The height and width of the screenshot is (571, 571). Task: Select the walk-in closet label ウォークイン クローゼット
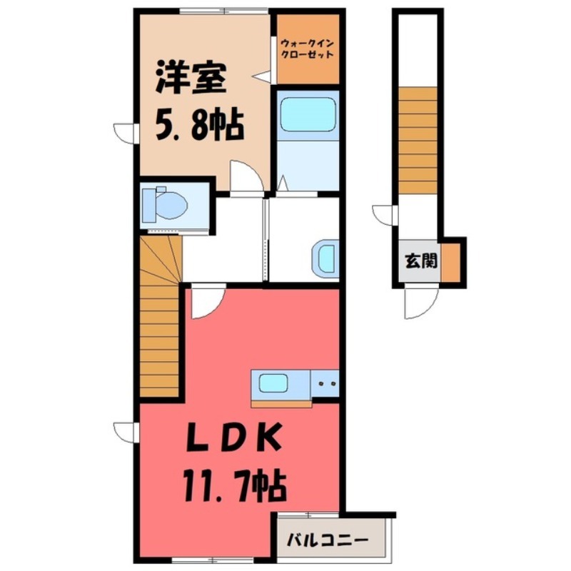307,48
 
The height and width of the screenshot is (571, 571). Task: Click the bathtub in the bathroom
308,114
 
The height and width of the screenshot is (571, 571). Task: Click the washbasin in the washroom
325,258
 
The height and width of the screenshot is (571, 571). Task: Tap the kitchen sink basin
273,383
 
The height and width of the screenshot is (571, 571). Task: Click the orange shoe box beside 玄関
450,263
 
